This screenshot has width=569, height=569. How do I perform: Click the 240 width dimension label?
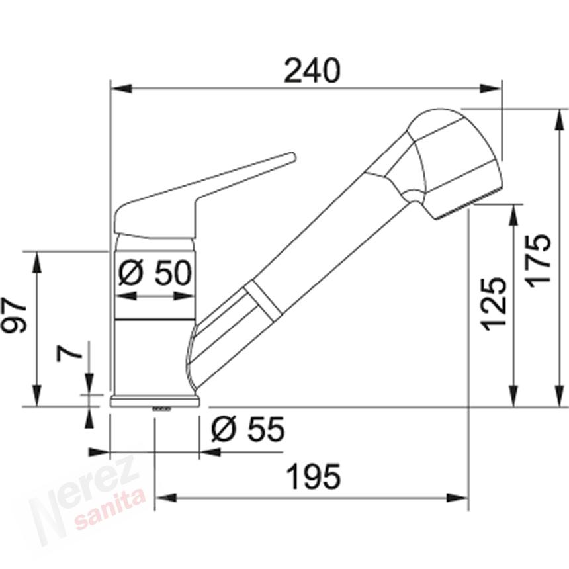point(312,70)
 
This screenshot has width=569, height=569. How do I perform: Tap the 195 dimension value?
point(314,476)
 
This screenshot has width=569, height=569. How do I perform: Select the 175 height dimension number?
point(539,261)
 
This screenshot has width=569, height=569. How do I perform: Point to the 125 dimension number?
point(494,304)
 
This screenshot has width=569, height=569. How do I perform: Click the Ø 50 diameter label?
point(155,273)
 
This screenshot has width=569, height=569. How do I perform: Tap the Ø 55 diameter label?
point(248,429)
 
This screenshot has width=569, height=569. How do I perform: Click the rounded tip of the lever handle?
point(292,157)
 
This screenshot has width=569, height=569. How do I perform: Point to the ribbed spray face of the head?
point(468,204)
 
